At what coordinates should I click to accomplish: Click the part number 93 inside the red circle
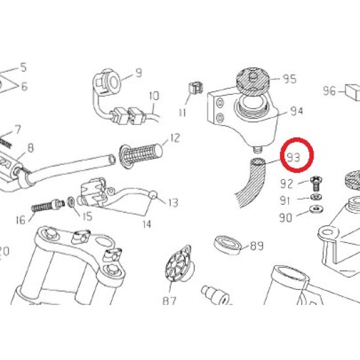point(294,158)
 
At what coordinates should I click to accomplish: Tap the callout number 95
point(289,79)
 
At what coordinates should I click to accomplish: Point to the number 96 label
point(329,91)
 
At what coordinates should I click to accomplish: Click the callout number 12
point(175,138)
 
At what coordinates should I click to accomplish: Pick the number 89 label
point(257,246)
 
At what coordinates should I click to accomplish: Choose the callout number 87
point(170,301)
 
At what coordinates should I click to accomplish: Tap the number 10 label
point(154,96)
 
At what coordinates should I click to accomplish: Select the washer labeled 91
point(316,197)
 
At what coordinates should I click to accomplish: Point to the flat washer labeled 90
point(316,209)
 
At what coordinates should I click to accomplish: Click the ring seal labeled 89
point(228,245)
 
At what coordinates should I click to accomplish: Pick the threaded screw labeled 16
point(48,206)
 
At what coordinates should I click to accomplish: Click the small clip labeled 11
point(196,87)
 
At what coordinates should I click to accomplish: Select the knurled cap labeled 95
point(253,81)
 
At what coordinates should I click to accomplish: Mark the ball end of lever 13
point(153,195)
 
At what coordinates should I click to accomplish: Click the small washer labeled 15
point(71,202)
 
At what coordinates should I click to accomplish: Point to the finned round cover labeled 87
point(179,262)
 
